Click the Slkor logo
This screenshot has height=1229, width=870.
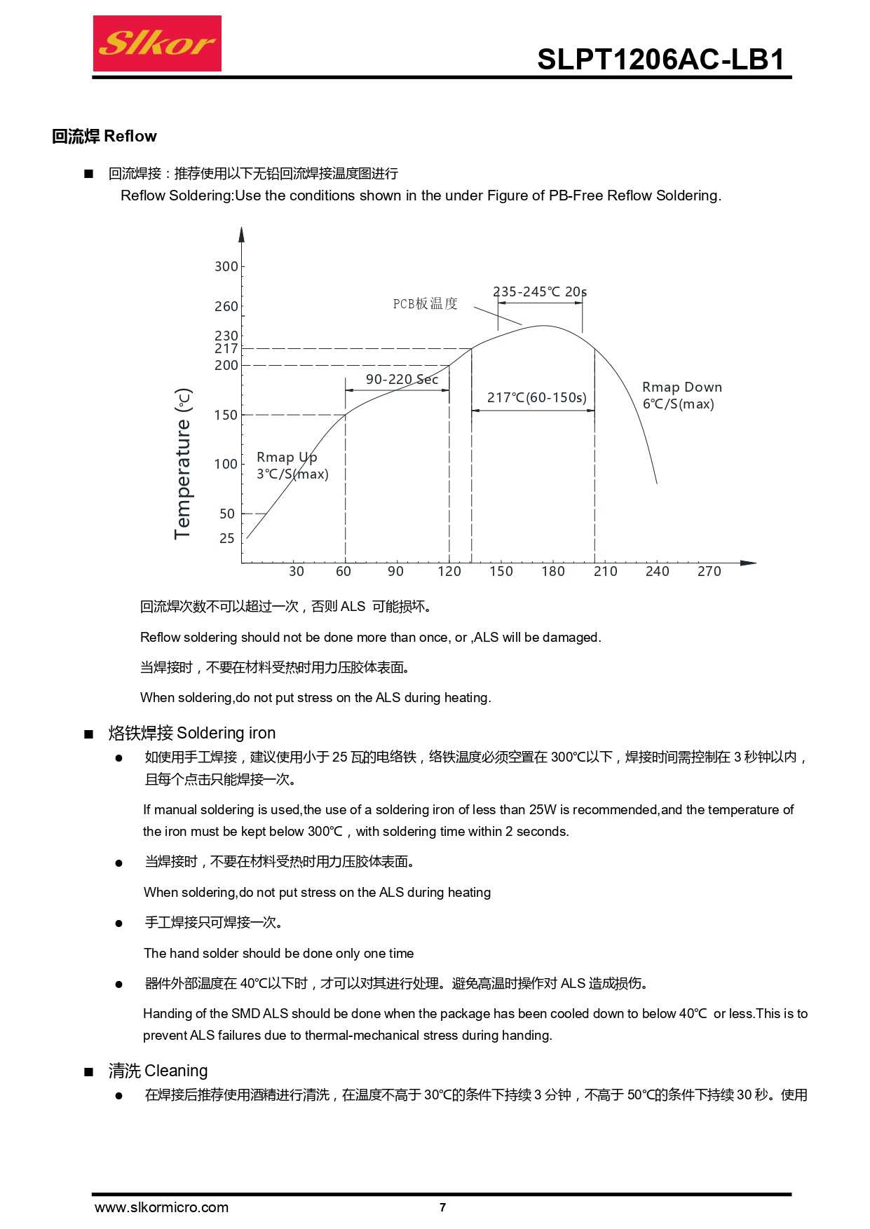coord(157,43)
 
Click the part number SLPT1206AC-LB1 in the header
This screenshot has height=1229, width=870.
coord(660,60)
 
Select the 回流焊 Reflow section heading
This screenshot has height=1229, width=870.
coord(104,136)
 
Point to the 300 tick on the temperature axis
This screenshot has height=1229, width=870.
coord(226,266)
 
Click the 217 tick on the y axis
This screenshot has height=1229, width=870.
coord(226,348)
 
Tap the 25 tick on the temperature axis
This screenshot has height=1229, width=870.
coord(226,538)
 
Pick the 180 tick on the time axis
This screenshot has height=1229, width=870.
coord(553,571)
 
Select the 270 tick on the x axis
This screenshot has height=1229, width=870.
coord(709,571)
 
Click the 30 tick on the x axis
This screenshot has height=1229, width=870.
coord(297,571)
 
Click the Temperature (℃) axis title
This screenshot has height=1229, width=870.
coord(182,463)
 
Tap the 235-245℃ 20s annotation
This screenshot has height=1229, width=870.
coord(540,291)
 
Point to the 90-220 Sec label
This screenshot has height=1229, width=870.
coord(402,379)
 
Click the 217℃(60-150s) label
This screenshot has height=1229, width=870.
coord(537,397)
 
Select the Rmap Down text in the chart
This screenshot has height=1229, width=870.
coord(682,387)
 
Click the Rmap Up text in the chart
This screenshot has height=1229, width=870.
coord(287,458)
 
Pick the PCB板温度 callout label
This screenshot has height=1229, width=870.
coord(425,303)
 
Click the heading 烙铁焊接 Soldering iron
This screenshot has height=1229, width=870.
coord(192,733)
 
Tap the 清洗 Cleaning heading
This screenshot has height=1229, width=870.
coord(158,1071)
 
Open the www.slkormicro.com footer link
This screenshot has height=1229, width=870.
coord(161,1207)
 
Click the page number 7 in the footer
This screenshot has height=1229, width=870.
coord(442,1207)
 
